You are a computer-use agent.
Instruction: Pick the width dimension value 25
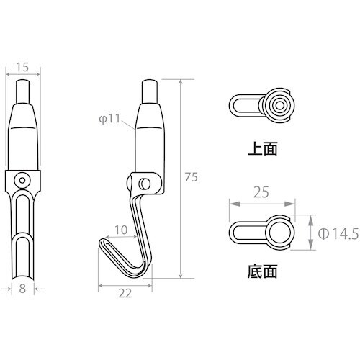click(261, 193)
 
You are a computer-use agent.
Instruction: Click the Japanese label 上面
click(261, 152)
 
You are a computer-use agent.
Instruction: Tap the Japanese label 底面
click(261, 272)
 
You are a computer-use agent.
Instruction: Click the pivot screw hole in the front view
click(24, 179)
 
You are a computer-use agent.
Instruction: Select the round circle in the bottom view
click(277, 232)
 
